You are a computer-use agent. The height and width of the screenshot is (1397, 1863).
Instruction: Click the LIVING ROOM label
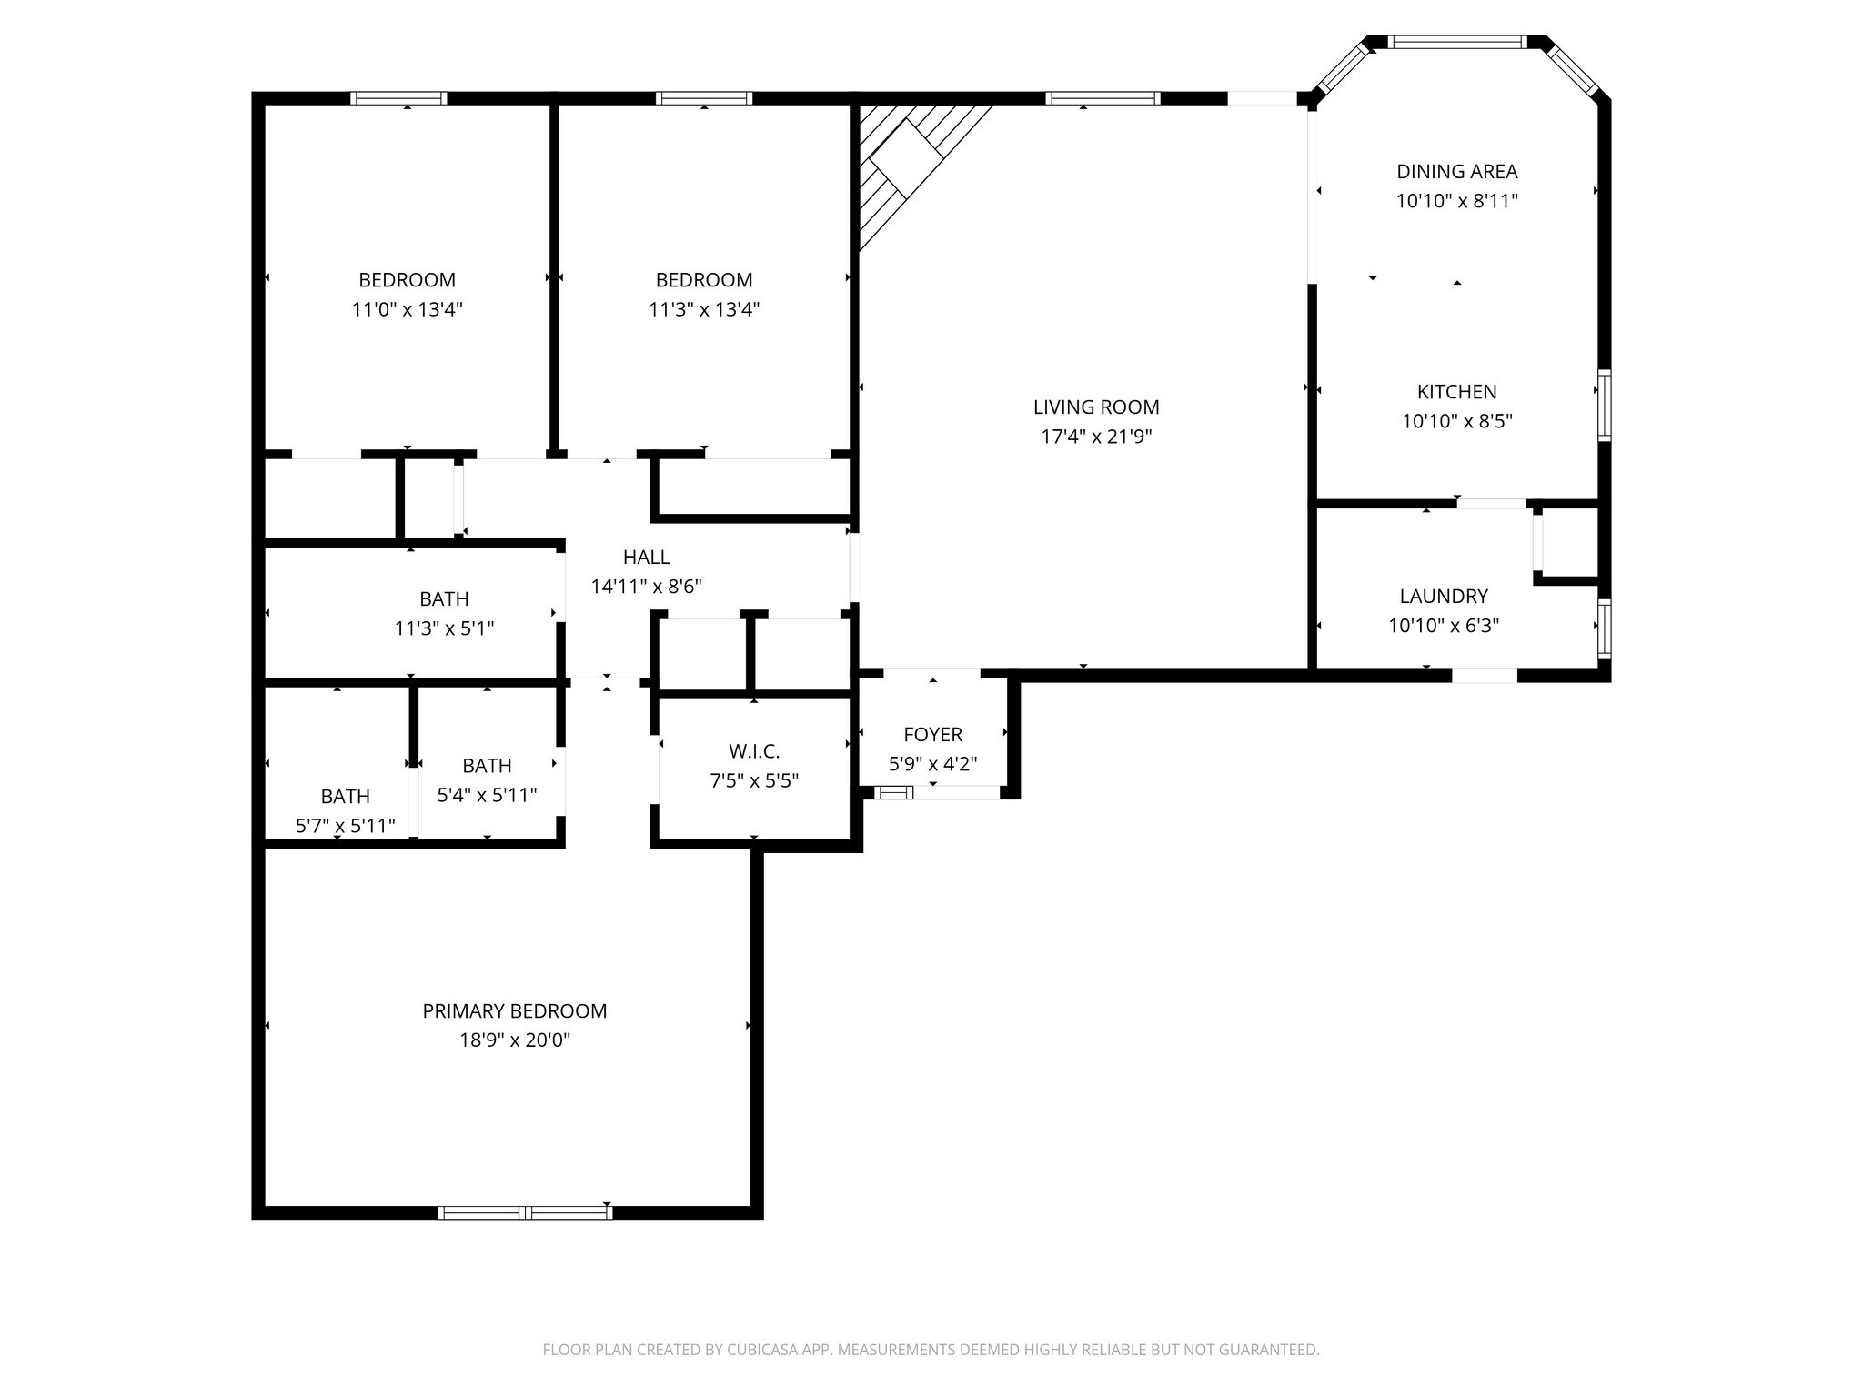(x=1096, y=407)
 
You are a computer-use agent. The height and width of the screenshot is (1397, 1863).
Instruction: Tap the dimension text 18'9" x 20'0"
(x=515, y=1040)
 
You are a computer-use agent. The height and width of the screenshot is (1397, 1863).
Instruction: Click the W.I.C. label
(x=754, y=751)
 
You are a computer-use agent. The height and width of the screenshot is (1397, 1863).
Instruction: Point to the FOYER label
(x=932, y=734)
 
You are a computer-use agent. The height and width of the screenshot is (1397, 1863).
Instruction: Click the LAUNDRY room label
(x=1444, y=596)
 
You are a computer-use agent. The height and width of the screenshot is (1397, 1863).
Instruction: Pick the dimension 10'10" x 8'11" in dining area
(x=1457, y=201)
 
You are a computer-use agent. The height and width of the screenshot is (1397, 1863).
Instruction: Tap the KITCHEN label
(x=1456, y=392)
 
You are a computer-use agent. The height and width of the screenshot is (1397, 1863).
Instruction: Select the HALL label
(x=646, y=557)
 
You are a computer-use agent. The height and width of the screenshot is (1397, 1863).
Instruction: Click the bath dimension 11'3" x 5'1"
(x=444, y=628)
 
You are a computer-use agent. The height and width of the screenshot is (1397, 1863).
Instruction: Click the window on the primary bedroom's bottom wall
(x=525, y=1211)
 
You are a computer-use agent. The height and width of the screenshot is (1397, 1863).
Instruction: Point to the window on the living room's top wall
(x=1102, y=98)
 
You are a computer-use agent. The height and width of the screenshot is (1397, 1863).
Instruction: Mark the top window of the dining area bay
(x=1457, y=42)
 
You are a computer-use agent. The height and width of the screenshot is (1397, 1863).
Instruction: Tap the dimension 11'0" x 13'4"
(x=408, y=309)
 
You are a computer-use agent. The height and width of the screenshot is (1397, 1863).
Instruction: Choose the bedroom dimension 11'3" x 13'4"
(x=704, y=309)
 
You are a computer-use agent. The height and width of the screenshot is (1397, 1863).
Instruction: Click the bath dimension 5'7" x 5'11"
(x=345, y=826)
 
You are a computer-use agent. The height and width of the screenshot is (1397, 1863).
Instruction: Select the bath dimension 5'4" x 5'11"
(x=487, y=795)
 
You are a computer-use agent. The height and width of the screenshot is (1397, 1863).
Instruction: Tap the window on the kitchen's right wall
(x=1604, y=406)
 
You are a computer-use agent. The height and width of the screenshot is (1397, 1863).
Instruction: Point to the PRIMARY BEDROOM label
(x=515, y=1010)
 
